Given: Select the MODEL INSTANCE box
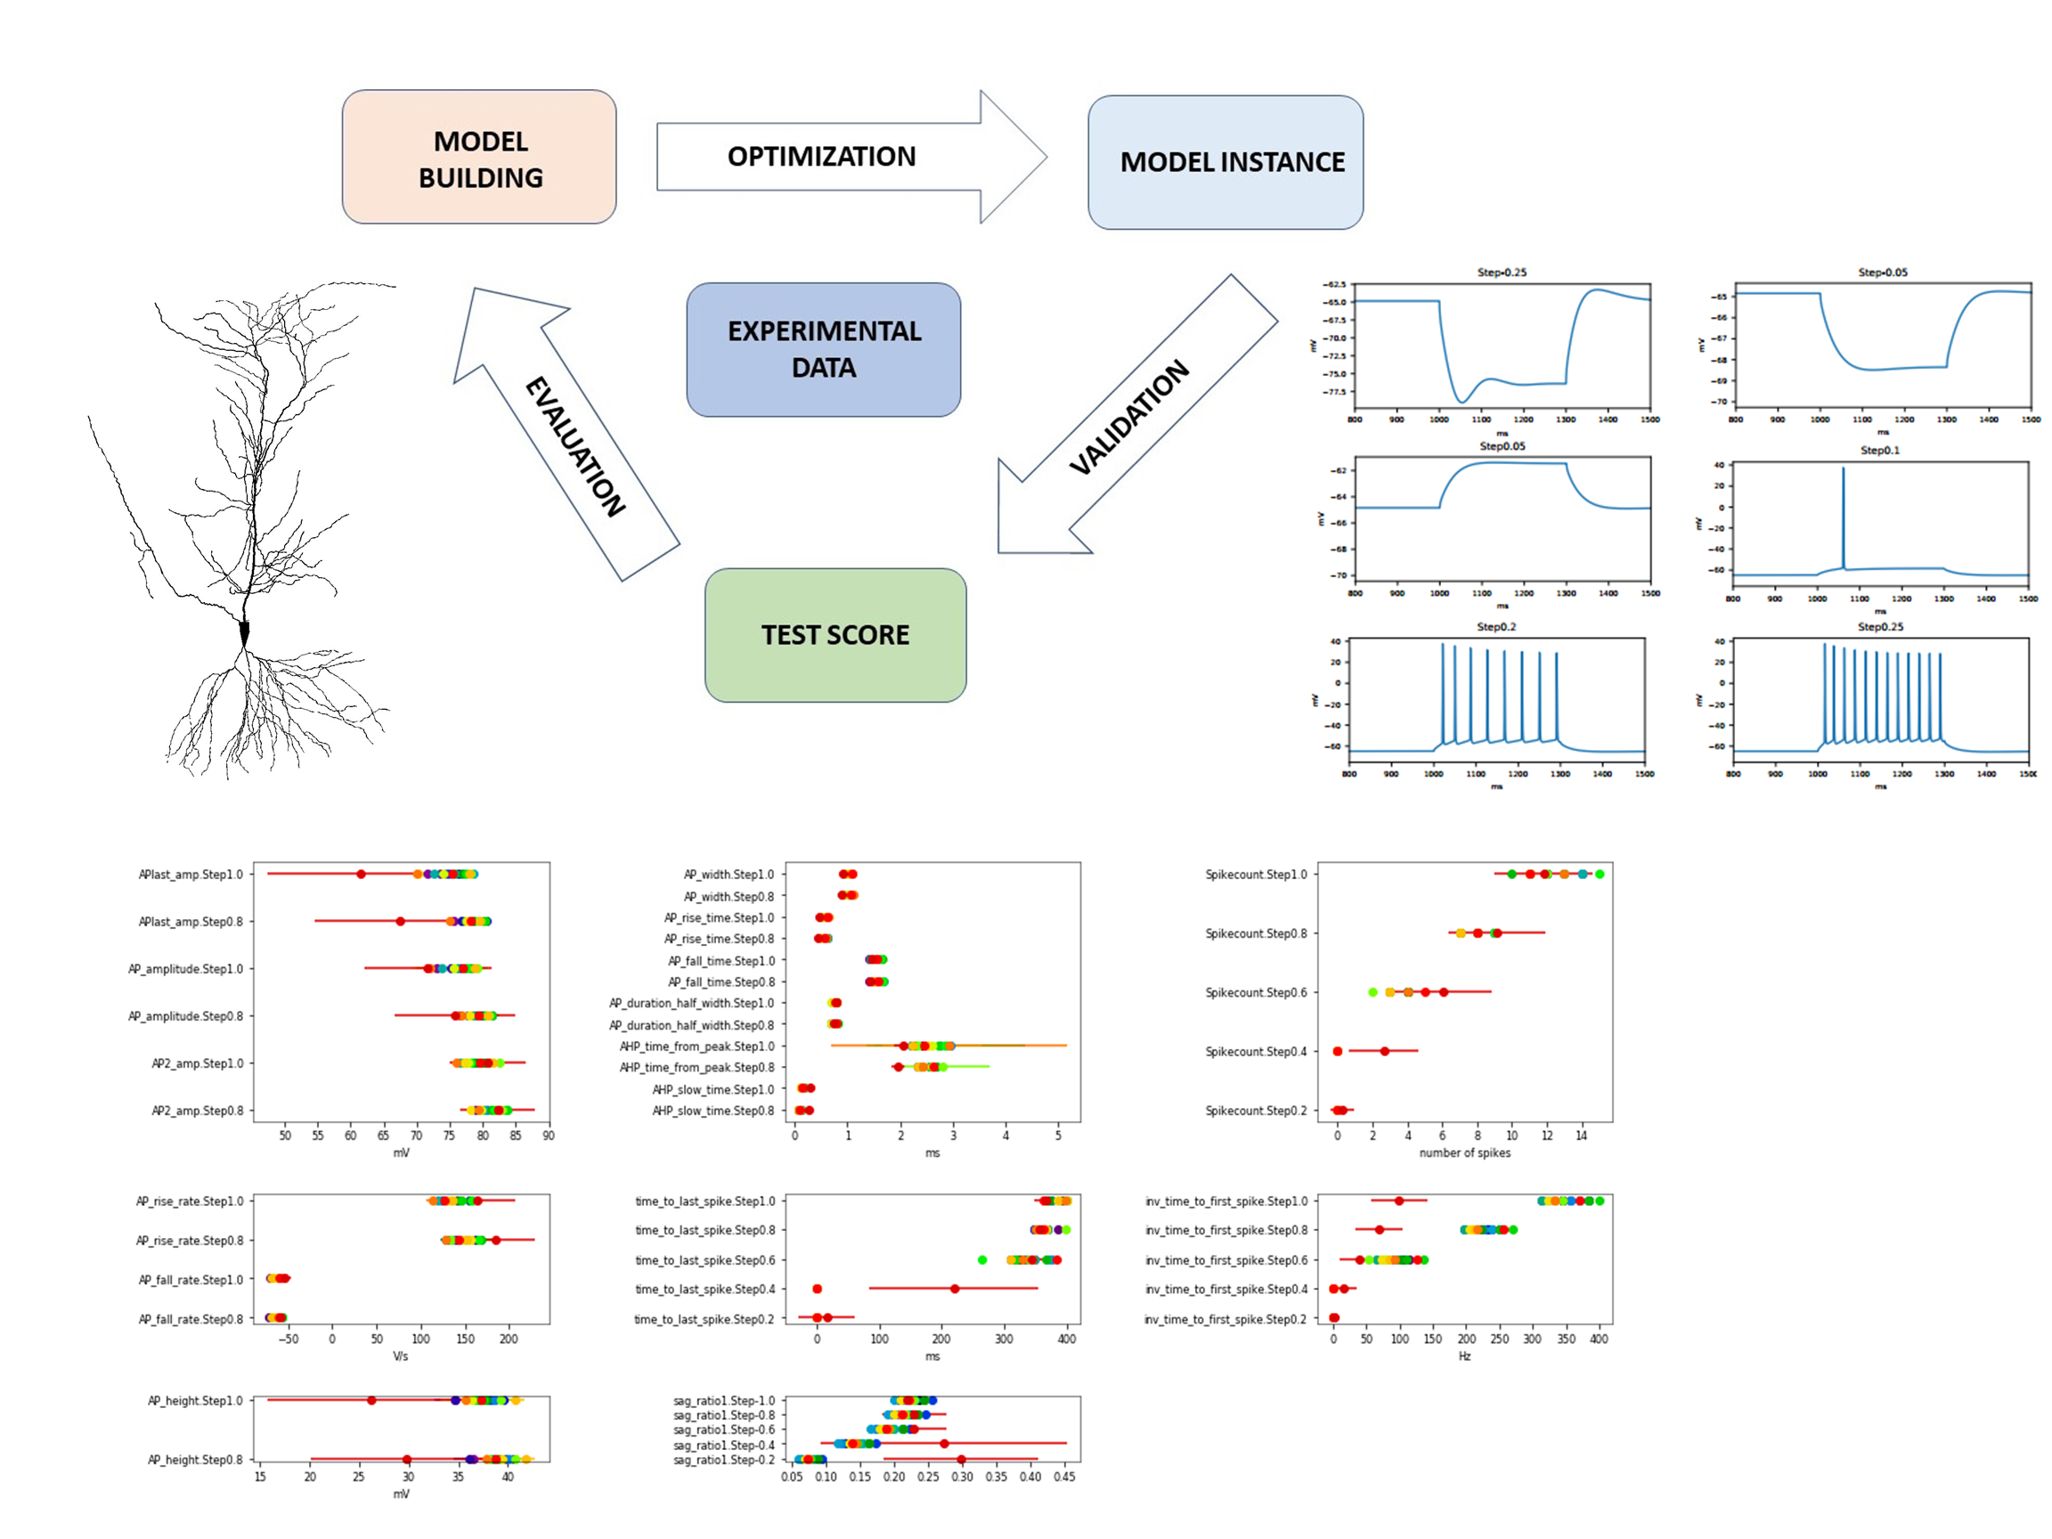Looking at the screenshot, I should pyautogui.click(x=1225, y=162).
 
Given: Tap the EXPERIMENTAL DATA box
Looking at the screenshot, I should pyautogui.click(x=823, y=350).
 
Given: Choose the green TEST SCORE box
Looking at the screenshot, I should pyautogui.click(x=835, y=635).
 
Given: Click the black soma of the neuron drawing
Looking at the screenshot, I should pyautogui.click(x=245, y=632).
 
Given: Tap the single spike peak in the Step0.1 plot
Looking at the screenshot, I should pyautogui.click(x=1843, y=469).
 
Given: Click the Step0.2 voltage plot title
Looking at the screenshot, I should pyautogui.click(x=1495, y=627).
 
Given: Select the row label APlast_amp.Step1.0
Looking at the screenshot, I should pyautogui.click(x=191, y=875).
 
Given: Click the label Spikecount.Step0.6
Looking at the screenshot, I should pyautogui.click(x=1255, y=993).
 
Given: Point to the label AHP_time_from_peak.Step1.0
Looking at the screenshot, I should pyautogui.click(x=696, y=1046).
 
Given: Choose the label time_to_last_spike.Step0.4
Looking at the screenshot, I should pyautogui.click(x=704, y=1290).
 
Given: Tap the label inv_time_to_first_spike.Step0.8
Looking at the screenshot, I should pyautogui.click(x=1225, y=1231).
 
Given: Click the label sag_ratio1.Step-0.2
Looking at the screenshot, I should pyautogui.click(x=723, y=1460).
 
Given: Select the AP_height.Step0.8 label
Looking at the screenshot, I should pyautogui.click(x=195, y=1460).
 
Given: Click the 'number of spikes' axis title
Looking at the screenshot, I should pyautogui.click(x=1464, y=1153).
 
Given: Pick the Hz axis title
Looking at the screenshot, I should pyautogui.click(x=1464, y=1356).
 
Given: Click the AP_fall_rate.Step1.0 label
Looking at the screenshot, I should pyautogui.click(x=191, y=1280).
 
